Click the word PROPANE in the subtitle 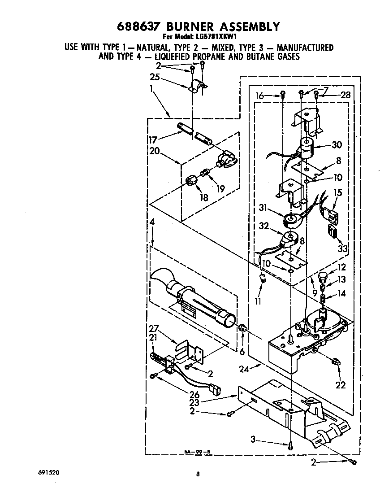(x=212, y=57)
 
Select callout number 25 (x=155, y=77)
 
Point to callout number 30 (x=337, y=145)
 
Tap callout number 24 (x=244, y=369)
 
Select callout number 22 (x=341, y=385)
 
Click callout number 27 (x=154, y=329)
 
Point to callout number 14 (x=341, y=293)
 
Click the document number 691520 (x=48, y=472)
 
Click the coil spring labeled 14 (x=323, y=298)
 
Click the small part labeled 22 (x=336, y=362)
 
